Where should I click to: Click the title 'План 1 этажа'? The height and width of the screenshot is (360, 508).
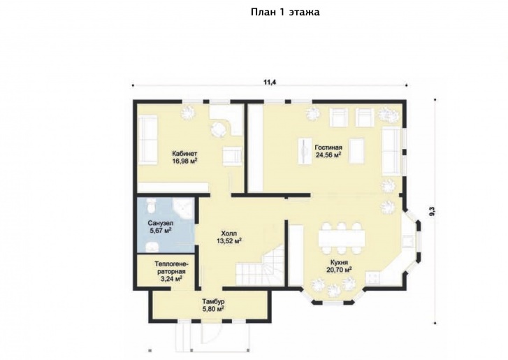(285, 13)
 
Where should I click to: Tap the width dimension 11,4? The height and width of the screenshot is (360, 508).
(270, 82)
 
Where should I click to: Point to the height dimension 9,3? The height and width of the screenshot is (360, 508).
(433, 212)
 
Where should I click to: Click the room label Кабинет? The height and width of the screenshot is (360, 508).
(184, 154)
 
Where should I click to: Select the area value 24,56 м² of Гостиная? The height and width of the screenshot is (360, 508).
(328, 155)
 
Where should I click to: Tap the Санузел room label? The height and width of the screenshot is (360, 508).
(161, 223)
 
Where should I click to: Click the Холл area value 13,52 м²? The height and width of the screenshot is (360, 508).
(228, 240)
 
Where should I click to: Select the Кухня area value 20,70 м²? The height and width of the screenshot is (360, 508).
(339, 270)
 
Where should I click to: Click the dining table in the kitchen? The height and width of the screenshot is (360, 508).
(342, 238)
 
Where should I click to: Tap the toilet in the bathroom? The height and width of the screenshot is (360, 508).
(151, 206)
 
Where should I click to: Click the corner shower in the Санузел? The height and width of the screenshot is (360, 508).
(183, 208)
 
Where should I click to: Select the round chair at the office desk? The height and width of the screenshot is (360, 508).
(219, 129)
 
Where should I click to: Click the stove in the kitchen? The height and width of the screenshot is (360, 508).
(373, 278)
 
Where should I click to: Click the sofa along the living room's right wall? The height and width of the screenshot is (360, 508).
(391, 151)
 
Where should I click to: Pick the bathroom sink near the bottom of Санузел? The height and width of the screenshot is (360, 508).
(152, 247)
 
